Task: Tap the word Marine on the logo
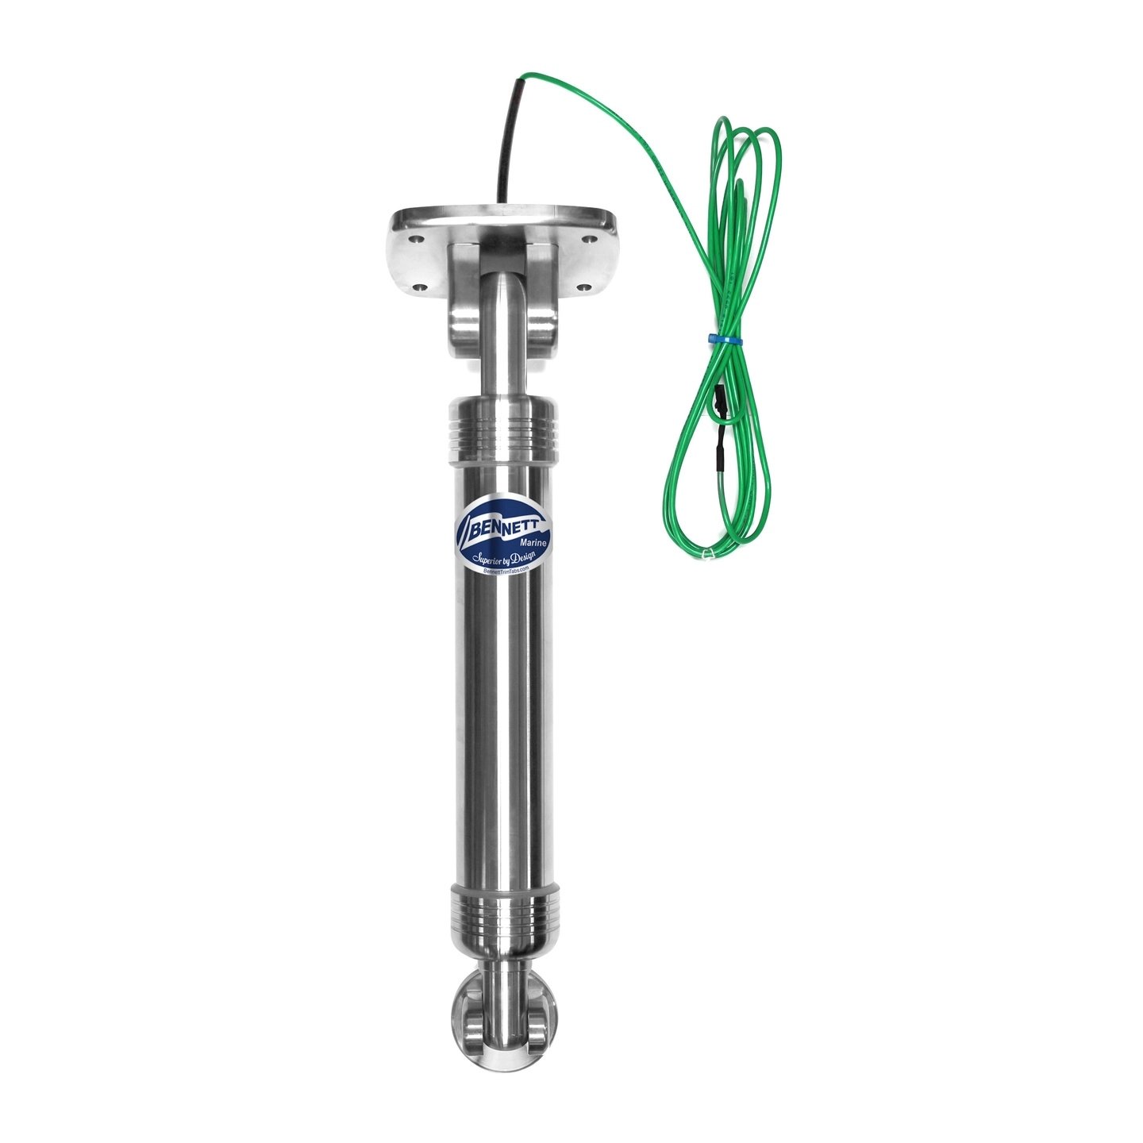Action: coord(533,541)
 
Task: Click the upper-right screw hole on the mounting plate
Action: coord(588,240)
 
